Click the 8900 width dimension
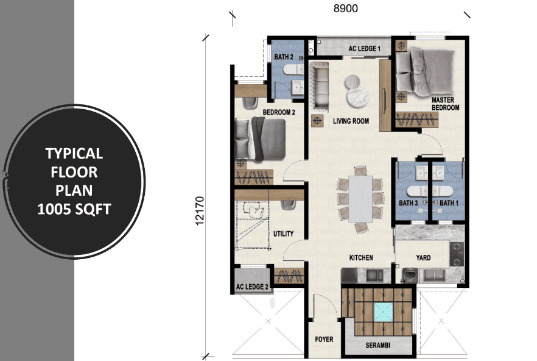tap(346, 9)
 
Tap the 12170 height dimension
tap(200, 211)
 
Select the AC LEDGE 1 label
tap(364, 49)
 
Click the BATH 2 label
tap(284, 57)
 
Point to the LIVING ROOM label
tap(351, 121)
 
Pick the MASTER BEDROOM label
tap(444, 104)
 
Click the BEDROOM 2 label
tap(279, 112)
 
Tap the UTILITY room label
tap(283, 234)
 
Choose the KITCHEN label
tap(361, 258)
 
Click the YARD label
tap(423, 258)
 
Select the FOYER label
tap(324, 340)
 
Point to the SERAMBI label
tap(377, 345)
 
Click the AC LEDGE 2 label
tap(252, 287)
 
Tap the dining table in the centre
tap(360, 199)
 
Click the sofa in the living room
tap(319, 87)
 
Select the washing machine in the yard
tap(409, 275)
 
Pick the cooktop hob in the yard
tap(457, 254)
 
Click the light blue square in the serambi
tap(383, 312)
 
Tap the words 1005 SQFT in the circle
tap(74, 209)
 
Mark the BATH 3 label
tap(408, 203)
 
